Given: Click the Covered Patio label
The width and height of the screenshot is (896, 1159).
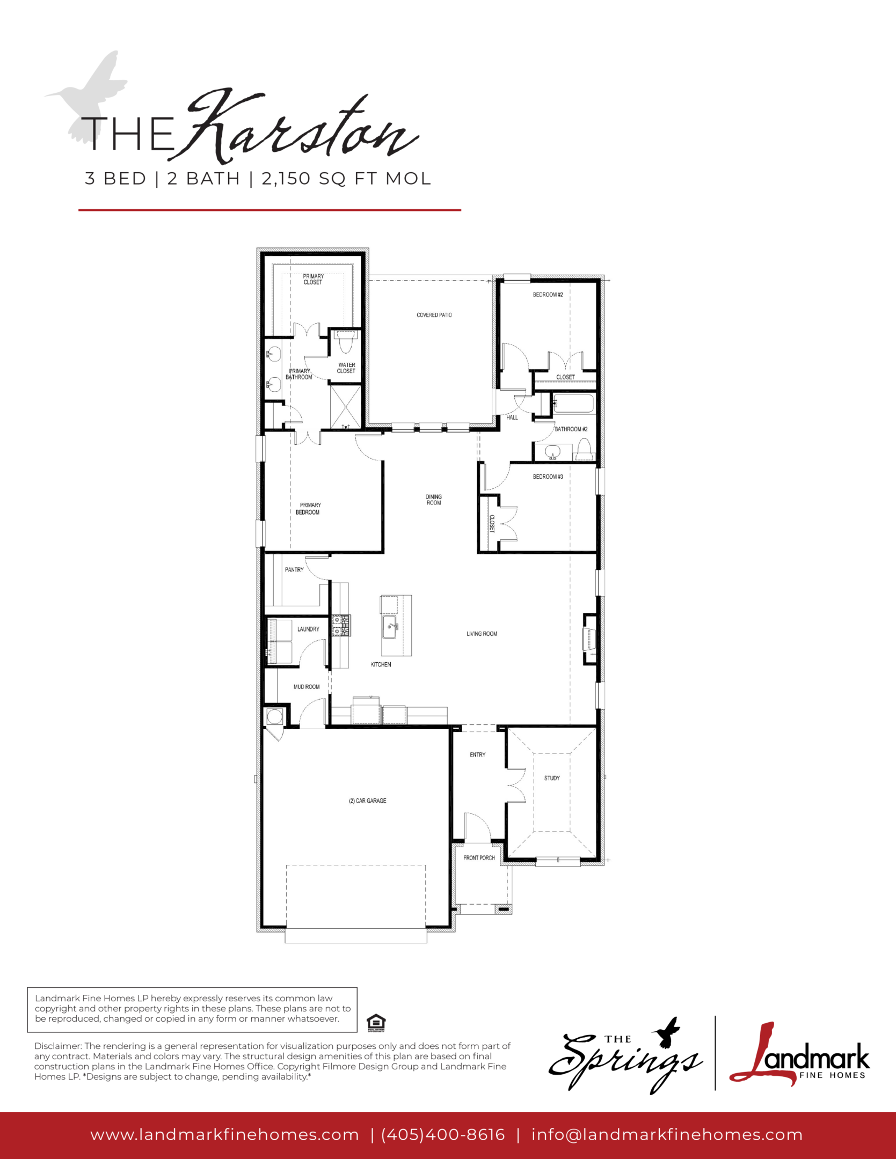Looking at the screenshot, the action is [434, 315].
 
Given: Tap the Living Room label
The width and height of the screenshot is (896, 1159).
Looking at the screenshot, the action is [482, 634].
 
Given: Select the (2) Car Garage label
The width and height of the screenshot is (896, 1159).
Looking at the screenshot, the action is [368, 801].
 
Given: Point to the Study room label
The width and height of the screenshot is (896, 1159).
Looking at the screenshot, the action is [552, 778].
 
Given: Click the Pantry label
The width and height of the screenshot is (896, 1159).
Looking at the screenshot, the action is [294, 570].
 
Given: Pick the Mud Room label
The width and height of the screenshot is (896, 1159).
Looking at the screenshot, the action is [307, 687].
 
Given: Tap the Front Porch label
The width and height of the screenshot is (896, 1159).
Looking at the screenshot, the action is [479, 858].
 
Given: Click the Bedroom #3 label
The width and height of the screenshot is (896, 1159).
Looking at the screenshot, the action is [548, 476].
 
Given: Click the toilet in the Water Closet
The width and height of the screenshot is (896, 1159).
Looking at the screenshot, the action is [344, 342].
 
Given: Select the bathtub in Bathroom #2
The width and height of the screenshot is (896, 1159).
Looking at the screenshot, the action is [573, 404].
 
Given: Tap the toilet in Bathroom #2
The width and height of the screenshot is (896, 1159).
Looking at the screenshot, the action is [584, 450].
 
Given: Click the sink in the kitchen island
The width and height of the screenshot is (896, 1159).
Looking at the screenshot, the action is [389, 627].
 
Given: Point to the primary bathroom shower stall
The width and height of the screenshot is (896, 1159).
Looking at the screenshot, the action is [346, 406].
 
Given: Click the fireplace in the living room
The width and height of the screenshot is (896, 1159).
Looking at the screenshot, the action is [590, 639].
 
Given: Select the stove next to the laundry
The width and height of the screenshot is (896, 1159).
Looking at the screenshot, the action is [341, 626].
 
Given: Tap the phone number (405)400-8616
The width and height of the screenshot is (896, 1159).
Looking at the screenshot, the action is [443, 1135].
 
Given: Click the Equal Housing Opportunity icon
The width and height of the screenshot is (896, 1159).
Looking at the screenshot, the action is [376, 1023].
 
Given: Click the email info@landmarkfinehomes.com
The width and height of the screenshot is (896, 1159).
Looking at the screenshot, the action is [667, 1135].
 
